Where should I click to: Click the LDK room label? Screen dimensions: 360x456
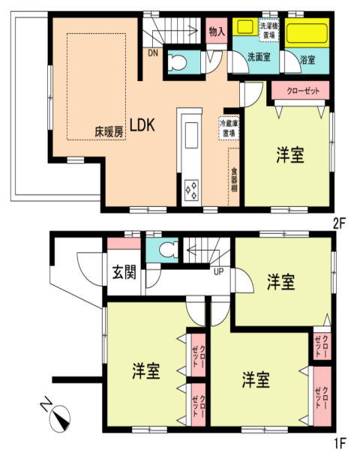142,125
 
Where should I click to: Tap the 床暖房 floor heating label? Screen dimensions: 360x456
109,132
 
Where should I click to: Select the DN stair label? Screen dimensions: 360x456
153,53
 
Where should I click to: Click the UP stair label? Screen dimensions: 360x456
219,271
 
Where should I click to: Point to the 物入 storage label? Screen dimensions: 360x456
217,31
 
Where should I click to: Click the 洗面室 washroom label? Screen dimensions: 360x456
259,57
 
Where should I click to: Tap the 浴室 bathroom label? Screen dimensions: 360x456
307,60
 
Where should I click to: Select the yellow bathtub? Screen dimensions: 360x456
307,32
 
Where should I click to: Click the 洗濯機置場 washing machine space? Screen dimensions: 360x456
268,30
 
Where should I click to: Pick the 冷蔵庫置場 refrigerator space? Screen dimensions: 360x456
229,129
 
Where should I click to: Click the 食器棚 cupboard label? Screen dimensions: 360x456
234,180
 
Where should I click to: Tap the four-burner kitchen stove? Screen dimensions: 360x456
192,190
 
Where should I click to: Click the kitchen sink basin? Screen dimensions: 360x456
191,135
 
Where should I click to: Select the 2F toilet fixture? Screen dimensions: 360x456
178,62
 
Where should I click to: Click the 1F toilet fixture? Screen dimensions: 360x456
166,250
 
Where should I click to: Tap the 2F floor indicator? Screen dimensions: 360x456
339,223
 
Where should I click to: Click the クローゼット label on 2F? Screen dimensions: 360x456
303,91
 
